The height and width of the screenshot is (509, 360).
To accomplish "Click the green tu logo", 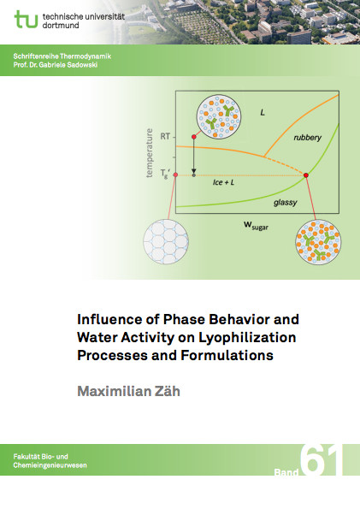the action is [x=26, y=19].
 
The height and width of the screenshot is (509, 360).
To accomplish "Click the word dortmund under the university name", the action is [x=61, y=26].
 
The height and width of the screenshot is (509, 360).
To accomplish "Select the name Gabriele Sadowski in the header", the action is [x=68, y=65].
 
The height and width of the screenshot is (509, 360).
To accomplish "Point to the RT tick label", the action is [x=165, y=136].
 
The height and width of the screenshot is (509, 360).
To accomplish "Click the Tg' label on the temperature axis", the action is [x=165, y=174].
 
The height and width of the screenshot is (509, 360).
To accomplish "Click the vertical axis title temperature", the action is [x=149, y=153].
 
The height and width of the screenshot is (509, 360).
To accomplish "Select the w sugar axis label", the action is [x=257, y=225].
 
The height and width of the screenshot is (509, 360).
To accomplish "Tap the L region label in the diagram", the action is [x=263, y=113].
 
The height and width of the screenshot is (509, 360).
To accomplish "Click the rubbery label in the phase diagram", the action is [x=308, y=138].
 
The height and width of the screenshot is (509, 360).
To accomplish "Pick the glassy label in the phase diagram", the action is [x=286, y=203].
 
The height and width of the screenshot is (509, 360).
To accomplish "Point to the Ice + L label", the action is [x=223, y=182].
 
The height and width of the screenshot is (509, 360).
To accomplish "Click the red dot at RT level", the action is [x=194, y=137].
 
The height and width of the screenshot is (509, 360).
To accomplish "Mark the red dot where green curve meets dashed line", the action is [x=306, y=175].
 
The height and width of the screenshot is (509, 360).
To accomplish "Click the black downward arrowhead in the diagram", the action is [x=194, y=171].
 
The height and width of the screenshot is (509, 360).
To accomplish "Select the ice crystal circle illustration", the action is [x=166, y=241].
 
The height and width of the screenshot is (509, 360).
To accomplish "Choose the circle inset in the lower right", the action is [x=318, y=242].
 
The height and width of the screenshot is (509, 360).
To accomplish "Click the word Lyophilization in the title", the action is [x=247, y=338].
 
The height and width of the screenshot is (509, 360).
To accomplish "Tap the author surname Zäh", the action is [x=166, y=391].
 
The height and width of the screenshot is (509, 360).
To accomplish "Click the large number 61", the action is [x=322, y=460].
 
